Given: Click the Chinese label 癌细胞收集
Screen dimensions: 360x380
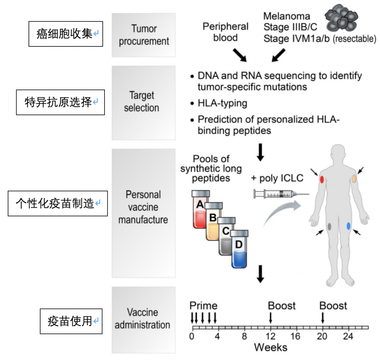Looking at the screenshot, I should click(x=65, y=34).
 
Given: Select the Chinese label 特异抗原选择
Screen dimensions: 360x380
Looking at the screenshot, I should click(x=60, y=102).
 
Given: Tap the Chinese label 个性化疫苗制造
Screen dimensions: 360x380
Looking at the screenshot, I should click(x=57, y=203).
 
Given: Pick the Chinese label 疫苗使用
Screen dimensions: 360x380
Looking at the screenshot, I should click(x=71, y=321).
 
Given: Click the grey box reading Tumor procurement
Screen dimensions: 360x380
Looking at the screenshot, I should click(x=144, y=35).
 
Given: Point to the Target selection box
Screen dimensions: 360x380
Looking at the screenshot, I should click(x=144, y=102).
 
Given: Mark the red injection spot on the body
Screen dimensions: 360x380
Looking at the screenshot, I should click(x=322, y=179).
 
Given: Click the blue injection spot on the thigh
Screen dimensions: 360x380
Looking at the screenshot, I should click(x=348, y=226).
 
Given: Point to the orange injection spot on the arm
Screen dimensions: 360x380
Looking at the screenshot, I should click(x=354, y=178).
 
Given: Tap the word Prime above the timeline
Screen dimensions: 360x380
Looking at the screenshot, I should click(x=203, y=306).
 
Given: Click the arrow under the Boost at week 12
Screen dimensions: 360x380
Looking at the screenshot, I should click(x=270, y=318).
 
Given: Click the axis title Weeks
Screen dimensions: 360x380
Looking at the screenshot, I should click(x=271, y=348).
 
